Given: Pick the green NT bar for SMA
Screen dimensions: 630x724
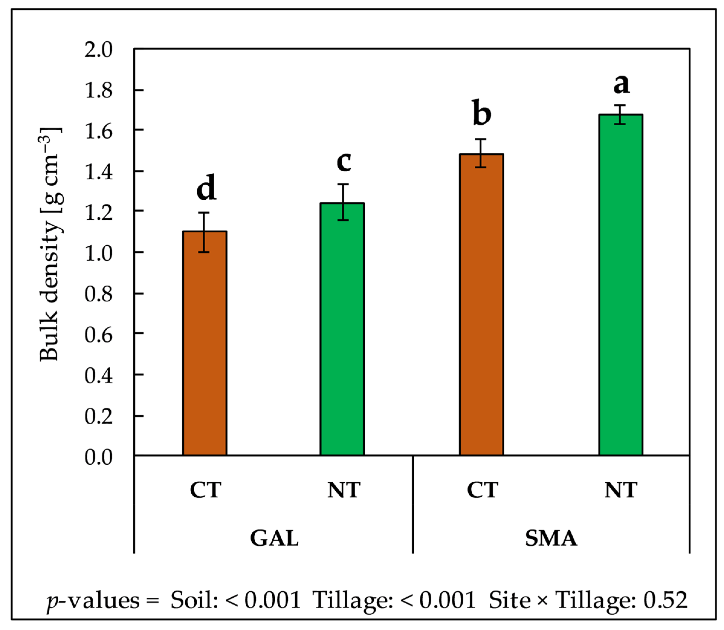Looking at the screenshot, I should pyautogui.click(x=621, y=285).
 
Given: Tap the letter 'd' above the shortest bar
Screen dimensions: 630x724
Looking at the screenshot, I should pyautogui.click(x=206, y=187).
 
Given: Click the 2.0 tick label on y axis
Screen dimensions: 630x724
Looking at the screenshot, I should pyautogui.click(x=98, y=50).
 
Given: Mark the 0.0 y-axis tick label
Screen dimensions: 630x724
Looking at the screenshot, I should pyautogui.click(x=98, y=457).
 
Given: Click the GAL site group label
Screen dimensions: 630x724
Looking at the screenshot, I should pyautogui.click(x=274, y=538).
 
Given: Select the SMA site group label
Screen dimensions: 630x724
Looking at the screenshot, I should pyautogui.click(x=551, y=538).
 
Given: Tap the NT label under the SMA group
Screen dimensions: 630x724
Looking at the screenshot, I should pyautogui.click(x=621, y=490).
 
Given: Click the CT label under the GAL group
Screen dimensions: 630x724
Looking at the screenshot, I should pyautogui.click(x=205, y=490).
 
